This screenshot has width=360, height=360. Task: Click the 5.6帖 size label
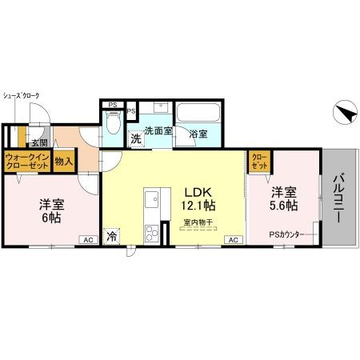click(283, 206)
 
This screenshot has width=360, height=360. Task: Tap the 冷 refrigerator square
click(111, 236)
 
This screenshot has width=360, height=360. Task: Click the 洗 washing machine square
click(136, 138)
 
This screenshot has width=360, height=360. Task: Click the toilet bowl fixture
click(113, 125)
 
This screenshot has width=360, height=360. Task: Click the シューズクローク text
click(22, 95)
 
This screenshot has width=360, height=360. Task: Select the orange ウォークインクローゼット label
click(27, 162)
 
